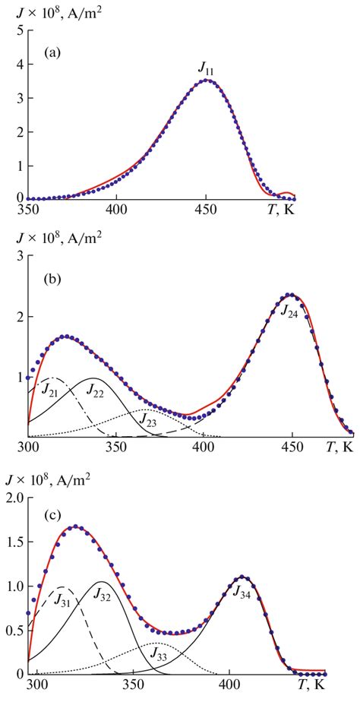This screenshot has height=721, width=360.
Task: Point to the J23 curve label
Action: (x=146, y=423)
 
